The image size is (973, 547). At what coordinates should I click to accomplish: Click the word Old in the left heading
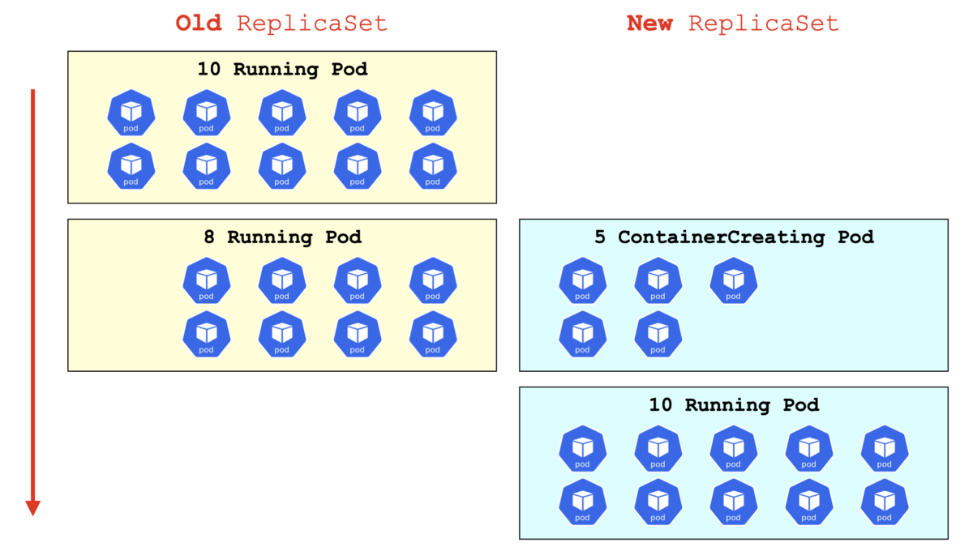pyautogui.click(x=199, y=23)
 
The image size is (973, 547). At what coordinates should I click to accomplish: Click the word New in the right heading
pyautogui.click(x=649, y=23)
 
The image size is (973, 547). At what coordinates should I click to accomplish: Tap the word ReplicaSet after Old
pyautogui.click(x=312, y=24)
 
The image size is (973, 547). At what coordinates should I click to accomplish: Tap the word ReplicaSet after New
pyautogui.click(x=763, y=24)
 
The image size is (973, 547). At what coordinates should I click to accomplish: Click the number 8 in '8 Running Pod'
pyautogui.click(x=209, y=237)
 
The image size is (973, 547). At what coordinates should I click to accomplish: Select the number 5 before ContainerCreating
pyautogui.click(x=600, y=237)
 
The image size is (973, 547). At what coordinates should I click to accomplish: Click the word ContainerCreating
pyautogui.click(x=722, y=237)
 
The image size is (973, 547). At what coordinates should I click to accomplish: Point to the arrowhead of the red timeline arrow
pyautogui.click(x=32, y=508)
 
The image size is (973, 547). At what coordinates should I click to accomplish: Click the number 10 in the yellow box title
pyautogui.click(x=209, y=69)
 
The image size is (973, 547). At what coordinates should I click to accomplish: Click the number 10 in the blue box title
pyautogui.click(x=661, y=405)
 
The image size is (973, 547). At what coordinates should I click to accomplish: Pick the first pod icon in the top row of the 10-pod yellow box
pyautogui.click(x=131, y=113)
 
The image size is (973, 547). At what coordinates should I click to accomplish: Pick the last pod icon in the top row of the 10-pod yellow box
pyautogui.click(x=433, y=113)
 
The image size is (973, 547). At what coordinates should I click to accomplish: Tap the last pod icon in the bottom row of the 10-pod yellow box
pyautogui.click(x=433, y=166)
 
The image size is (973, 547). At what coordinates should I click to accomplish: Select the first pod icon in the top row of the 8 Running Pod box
pyautogui.click(x=207, y=281)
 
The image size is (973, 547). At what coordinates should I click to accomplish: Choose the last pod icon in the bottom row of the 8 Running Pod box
pyautogui.click(x=433, y=334)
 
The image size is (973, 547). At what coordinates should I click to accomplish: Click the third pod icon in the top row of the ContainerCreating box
pyautogui.click(x=734, y=281)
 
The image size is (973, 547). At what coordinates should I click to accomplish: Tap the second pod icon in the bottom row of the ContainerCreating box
pyautogui.click(x=658, y=334)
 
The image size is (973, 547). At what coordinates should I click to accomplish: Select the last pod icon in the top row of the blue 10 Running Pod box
pyautogui.click(x=885, y=449)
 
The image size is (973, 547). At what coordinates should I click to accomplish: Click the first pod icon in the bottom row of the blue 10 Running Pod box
pyautogui.click(x=582, y=502)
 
